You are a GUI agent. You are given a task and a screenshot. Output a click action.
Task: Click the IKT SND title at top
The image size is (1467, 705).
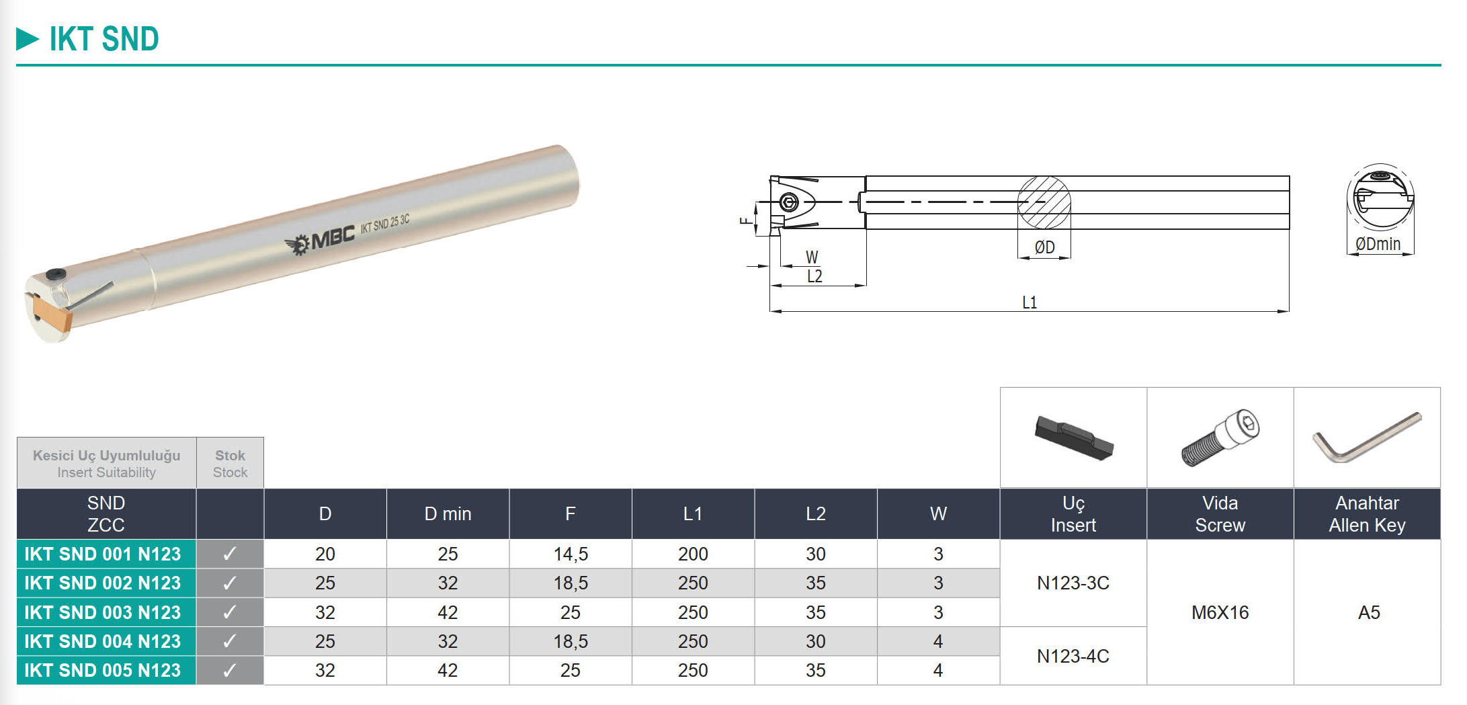104,39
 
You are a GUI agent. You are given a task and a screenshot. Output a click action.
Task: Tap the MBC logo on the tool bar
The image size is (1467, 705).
320,239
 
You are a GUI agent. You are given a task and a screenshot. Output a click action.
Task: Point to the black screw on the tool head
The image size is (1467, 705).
55,275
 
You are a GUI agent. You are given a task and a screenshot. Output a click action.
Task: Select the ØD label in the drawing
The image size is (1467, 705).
1044,247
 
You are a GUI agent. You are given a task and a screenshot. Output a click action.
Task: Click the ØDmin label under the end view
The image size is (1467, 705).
1378,244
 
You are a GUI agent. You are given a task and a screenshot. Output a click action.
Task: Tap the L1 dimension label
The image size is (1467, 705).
1030,302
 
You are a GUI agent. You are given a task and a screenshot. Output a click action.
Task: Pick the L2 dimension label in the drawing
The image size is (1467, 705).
814,276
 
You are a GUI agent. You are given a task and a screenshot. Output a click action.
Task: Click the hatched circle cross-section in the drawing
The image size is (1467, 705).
1044,202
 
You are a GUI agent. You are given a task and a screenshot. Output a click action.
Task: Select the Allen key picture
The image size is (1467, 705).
1367,438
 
